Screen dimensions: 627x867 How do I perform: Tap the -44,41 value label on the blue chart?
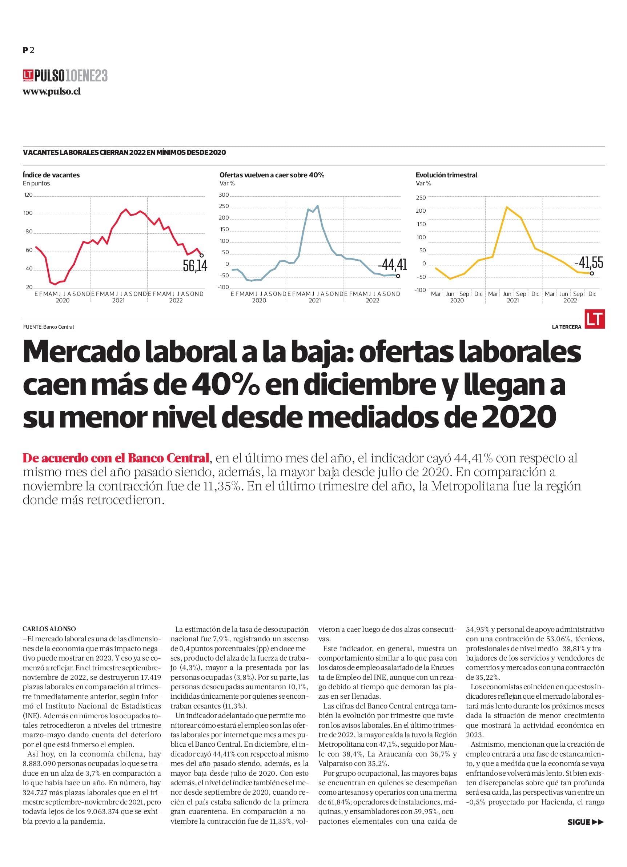[x=392, y=264]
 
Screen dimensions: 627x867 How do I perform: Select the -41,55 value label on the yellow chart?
[x=589, y=262]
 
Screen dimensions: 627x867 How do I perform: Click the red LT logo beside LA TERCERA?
[x=595, y=319]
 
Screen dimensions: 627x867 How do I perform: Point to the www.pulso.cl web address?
[x=52, y=92]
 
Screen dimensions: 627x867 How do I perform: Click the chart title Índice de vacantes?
[x=51, y=175]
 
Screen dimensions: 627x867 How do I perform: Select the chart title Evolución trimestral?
[x=447, y=175]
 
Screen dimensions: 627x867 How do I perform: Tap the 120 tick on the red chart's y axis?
[x=28, y=195]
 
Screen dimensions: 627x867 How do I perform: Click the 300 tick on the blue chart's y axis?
[x=224, y=195]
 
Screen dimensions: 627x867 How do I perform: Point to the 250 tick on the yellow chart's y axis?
[x=421, y=198]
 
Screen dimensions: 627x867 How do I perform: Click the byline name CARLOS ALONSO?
[x=49, y=629]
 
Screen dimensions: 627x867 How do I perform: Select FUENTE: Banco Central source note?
[x=48, y=327]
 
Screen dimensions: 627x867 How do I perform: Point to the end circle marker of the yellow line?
[x=592, y=273]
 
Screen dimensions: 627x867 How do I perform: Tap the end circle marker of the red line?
[x=202, y=255]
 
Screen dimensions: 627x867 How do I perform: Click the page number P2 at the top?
[x=29, y=50]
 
